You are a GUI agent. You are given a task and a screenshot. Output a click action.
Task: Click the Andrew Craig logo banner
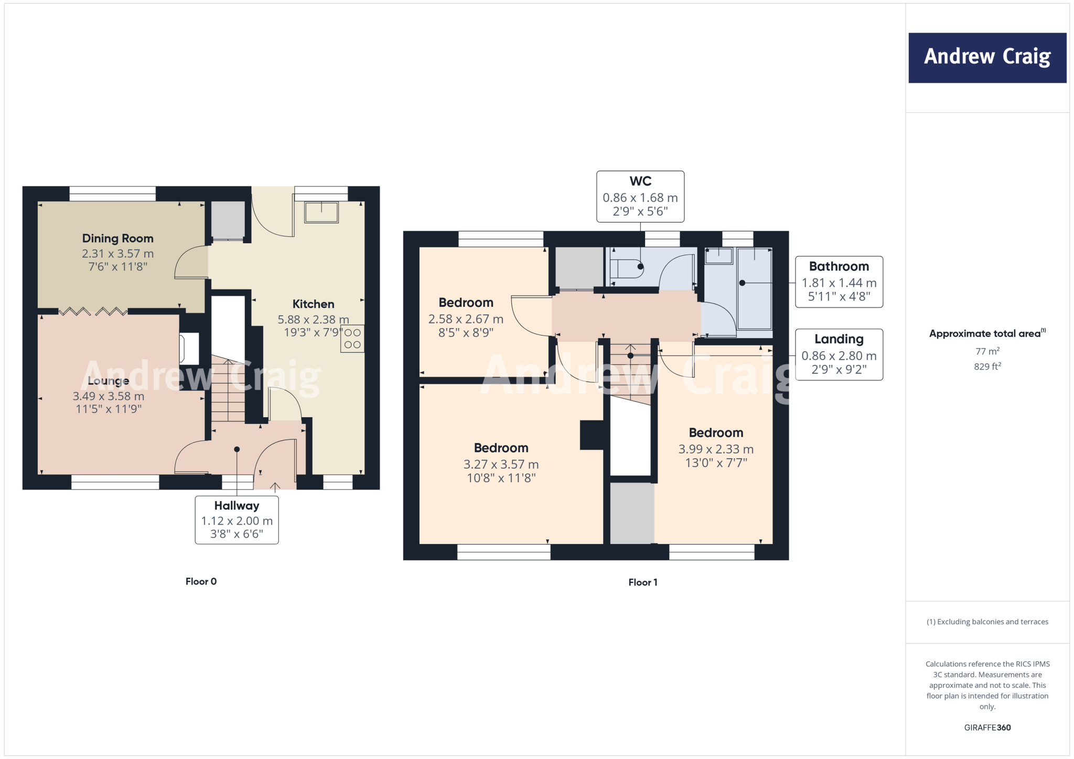click(x=987, y=58)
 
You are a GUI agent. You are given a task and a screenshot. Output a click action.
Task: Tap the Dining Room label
click(x=117, y=238)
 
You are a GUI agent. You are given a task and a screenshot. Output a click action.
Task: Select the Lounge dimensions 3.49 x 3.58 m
click(x=108, y=396)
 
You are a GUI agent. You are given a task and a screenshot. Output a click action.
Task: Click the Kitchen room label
click(x=313, y=304)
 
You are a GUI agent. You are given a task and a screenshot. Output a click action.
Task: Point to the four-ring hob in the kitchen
click(x=352, y=339)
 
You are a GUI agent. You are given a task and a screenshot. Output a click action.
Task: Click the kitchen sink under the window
click(x=321, y=212)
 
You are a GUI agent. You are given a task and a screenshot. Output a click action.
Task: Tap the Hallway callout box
click(x=237, y=519)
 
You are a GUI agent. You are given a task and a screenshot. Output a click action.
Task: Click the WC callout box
click(x=640, y=196)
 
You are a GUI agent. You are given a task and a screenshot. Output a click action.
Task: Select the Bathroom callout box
click(x=839, y=281)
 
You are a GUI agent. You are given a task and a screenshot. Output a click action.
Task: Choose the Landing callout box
click(x=839, y=354)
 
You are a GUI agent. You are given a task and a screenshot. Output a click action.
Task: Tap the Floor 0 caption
click(x=201, y=581)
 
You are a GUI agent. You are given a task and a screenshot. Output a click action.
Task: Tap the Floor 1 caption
click(x=642, y=582)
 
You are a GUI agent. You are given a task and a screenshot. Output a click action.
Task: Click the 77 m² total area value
click(x=987, y=351)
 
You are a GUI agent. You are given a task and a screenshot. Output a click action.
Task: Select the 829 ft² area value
click(x=987, y=366)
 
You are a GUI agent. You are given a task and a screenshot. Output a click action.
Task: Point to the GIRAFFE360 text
click(x=987, y=728)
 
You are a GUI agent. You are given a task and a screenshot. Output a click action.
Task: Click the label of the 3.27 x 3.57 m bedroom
click(x=501, y=448)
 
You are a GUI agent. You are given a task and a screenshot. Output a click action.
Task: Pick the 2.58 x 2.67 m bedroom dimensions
click(x=466, y=319)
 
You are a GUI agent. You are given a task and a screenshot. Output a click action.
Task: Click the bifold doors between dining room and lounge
click(x=93, y=312)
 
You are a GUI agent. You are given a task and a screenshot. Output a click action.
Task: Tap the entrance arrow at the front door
click(x=275, y=487)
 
